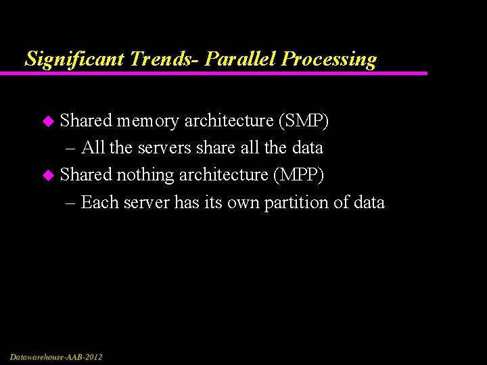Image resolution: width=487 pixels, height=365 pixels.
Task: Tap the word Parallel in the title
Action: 240,59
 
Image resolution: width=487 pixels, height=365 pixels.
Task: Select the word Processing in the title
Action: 329,59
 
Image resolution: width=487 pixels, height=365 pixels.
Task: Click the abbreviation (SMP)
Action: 303,121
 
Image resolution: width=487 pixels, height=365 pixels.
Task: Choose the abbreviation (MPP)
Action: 299,175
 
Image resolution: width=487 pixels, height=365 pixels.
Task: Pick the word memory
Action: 147,121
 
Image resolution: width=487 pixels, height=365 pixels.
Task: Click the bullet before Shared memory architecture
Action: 47,122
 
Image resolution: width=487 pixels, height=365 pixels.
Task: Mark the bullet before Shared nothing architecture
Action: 47,176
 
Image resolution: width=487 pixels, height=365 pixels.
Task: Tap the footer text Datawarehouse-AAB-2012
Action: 56,356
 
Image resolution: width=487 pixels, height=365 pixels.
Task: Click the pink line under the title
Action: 223,73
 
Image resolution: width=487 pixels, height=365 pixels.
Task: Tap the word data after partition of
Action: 368,202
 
